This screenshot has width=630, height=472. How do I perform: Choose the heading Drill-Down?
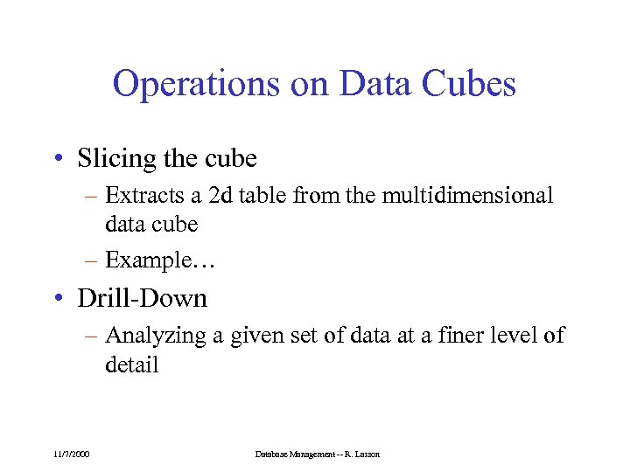(143, 298)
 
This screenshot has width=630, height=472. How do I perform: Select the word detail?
(131, 364)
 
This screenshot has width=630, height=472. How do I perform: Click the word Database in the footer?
(273, 454)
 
